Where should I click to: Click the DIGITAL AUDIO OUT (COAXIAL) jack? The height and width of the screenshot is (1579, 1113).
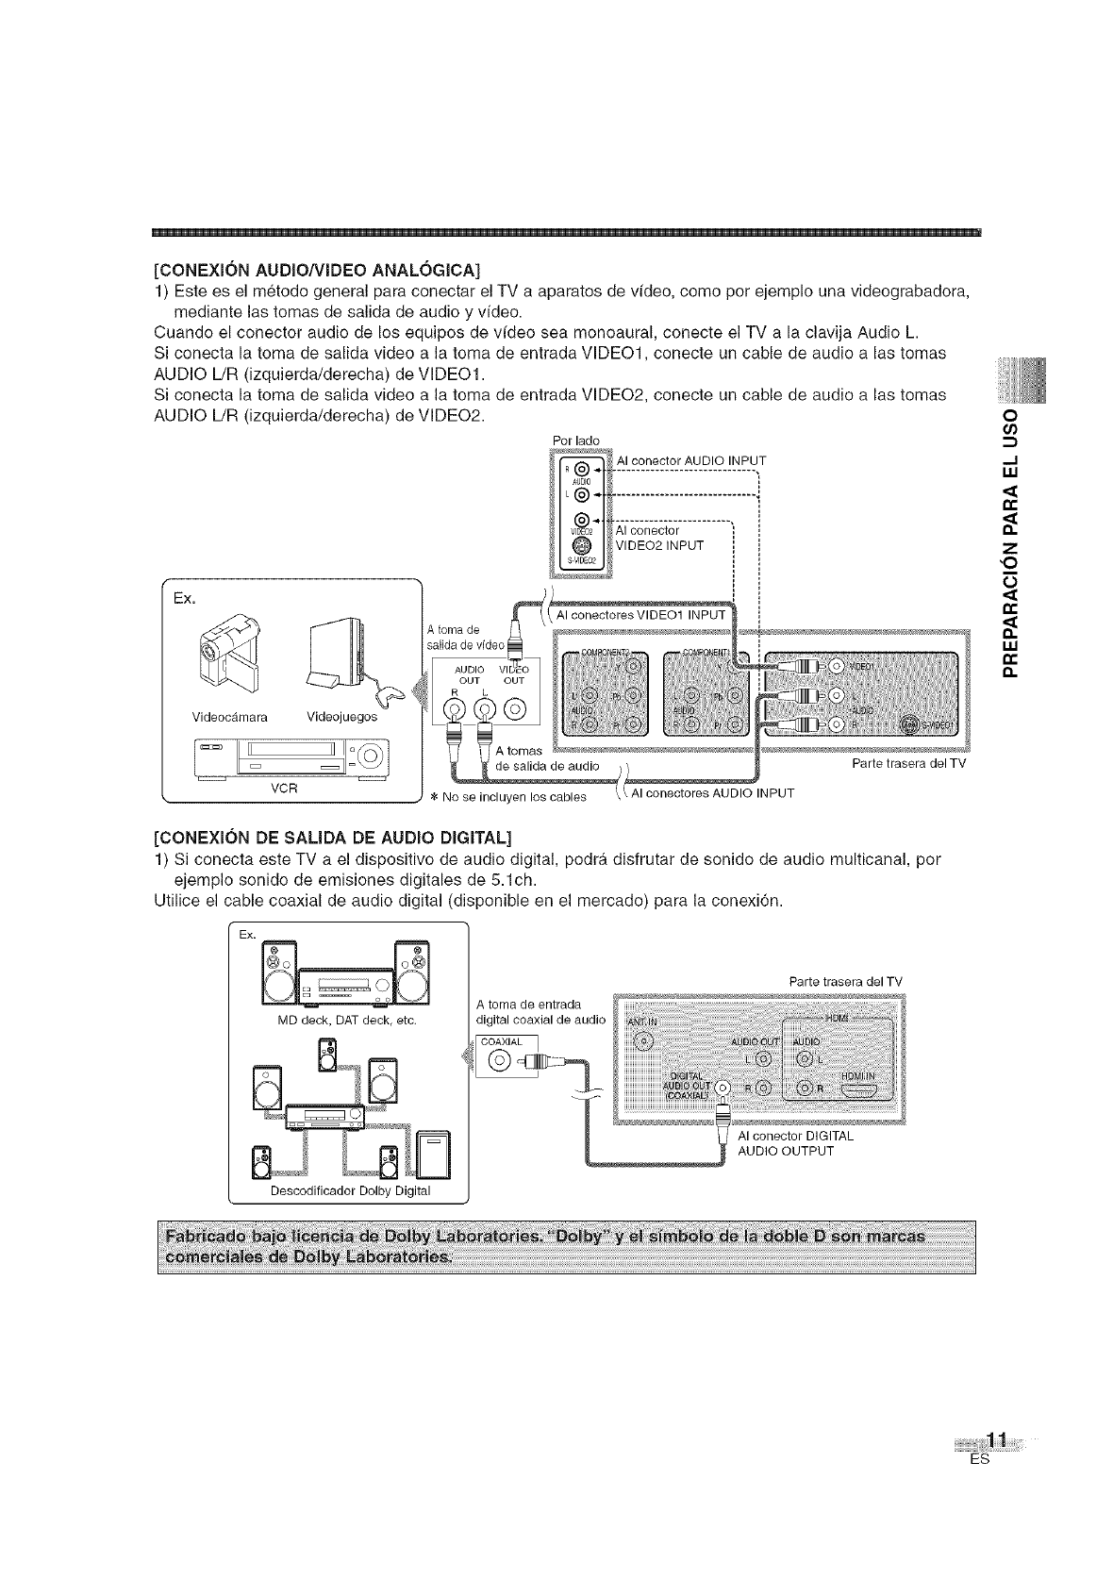click(723, 1089)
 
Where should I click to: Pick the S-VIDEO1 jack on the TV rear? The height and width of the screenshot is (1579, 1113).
click(910, 724)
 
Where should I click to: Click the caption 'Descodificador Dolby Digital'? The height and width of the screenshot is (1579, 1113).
click(350, 1190)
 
